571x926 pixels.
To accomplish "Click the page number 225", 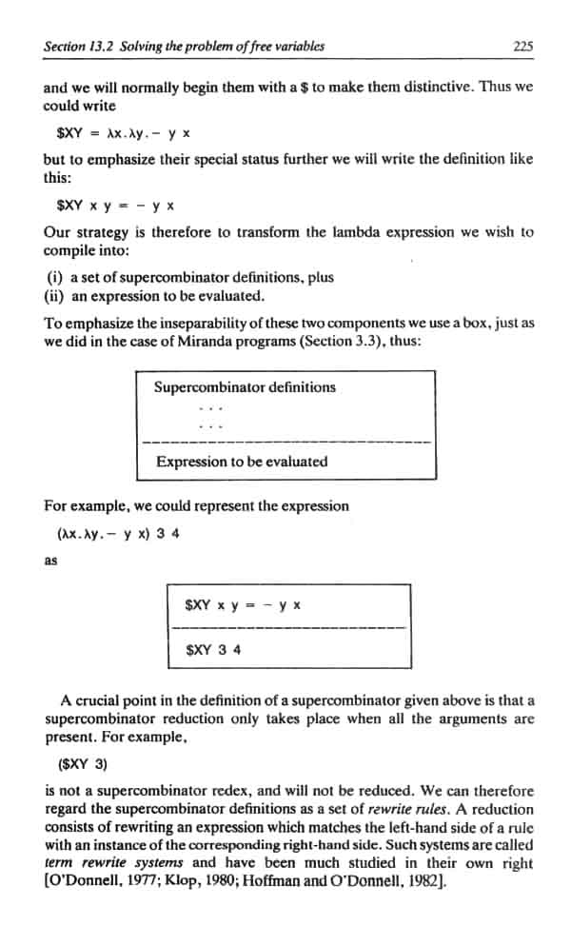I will click(x=522, y=45).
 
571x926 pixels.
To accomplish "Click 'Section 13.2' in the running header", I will click(x=77, y=45).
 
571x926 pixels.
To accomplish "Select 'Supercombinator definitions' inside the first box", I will click(x=245, y=386).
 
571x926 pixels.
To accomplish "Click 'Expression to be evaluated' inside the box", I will click(x=242, y=462).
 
